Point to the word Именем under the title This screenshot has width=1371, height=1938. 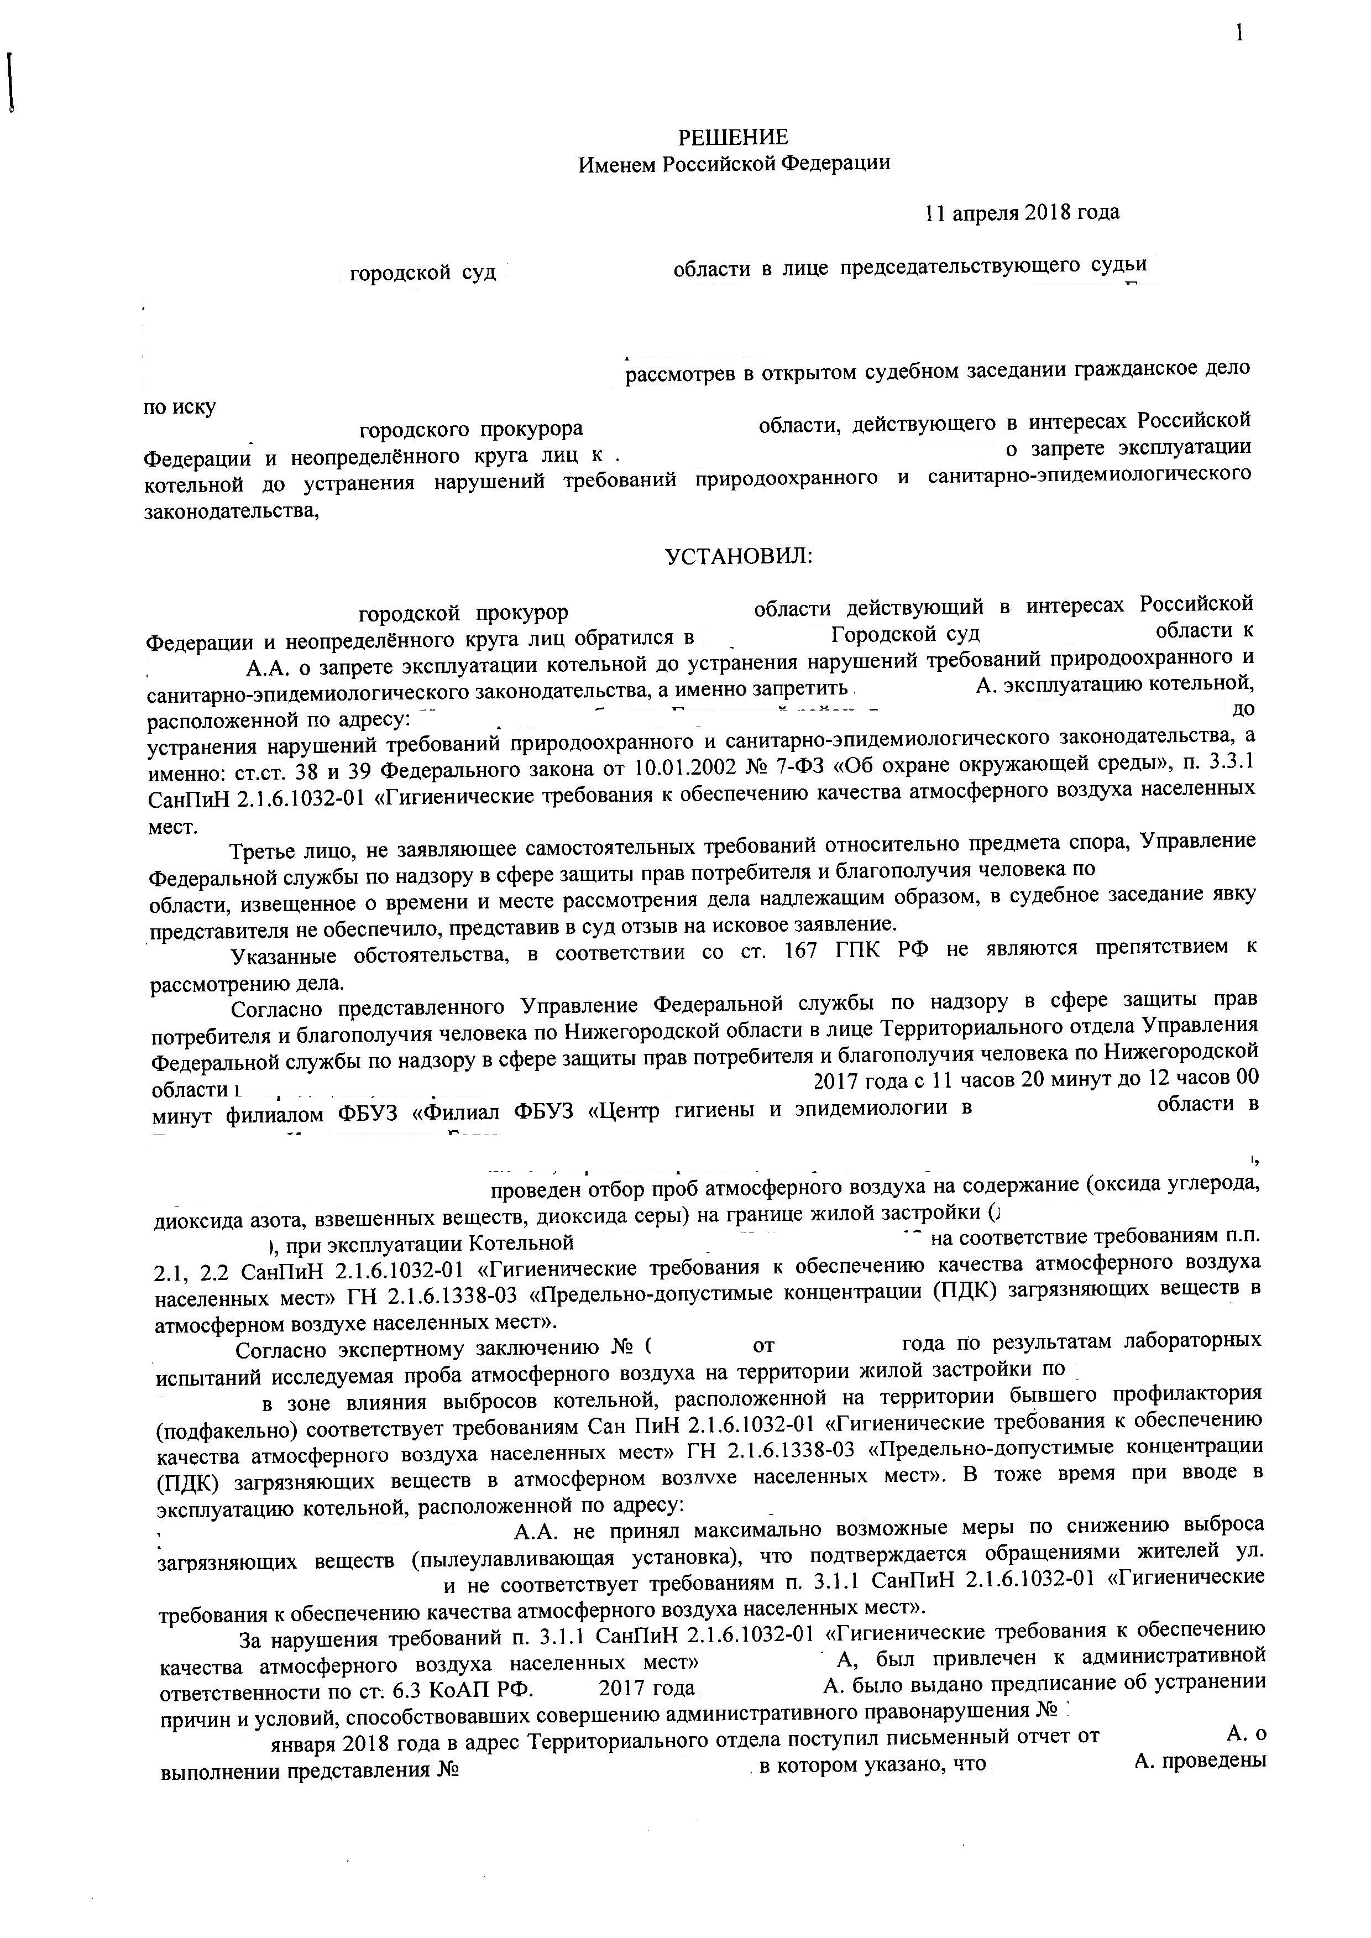coord(615,164)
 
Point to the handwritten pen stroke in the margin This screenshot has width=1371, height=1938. coord(11,82)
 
